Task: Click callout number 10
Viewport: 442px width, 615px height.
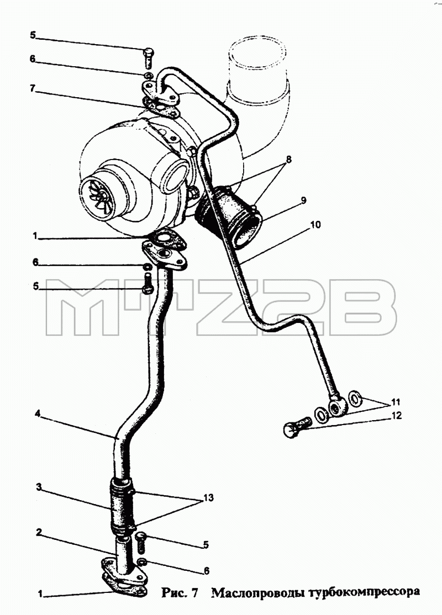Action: (x=315, y=225)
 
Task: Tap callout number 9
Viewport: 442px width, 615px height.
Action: (x=303, y=200)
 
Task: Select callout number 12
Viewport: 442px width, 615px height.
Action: (x=397, y=415)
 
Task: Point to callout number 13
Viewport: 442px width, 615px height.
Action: (x=208, y=498)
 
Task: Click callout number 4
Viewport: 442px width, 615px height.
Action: (x=38, y=413)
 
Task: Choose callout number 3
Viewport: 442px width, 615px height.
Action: (x=39, y=487)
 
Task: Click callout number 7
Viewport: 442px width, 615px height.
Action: (x=33, y=89)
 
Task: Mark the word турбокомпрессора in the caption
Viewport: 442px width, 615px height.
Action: (x=363, y=593)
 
